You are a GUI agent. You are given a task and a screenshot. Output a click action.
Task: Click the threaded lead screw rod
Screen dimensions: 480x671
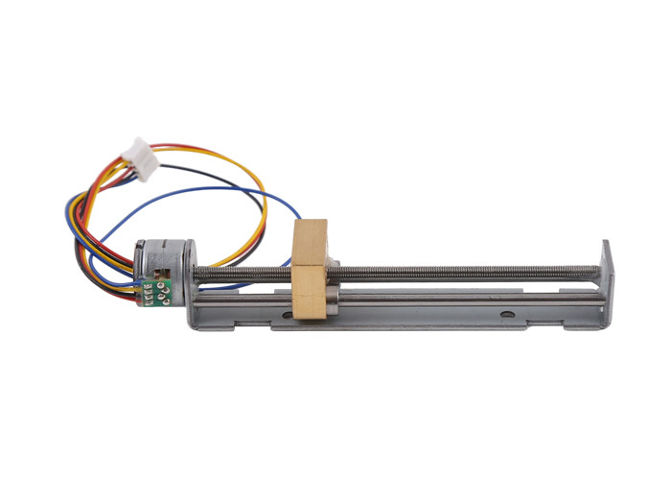click(x=460, y=272)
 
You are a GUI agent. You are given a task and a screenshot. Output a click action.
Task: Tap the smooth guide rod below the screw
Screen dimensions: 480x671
click(x=460, y=295)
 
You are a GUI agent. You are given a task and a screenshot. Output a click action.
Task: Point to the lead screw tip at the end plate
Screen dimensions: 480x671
click(x=596, y=268)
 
